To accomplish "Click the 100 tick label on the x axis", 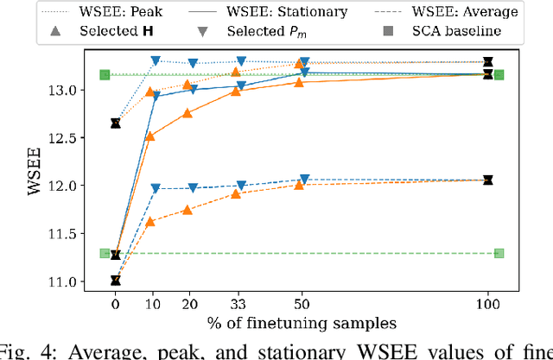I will pos(487,304).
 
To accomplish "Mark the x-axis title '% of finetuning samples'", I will pos(302,323).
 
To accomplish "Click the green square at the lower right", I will pos(499,253).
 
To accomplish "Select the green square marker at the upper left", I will pos(105,75).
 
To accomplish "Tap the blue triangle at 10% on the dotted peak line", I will pos(156,61).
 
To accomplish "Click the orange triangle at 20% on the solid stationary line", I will pos(188,113).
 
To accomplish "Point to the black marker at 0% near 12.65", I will pos(116,123).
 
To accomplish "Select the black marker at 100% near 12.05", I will pos(487,180).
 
